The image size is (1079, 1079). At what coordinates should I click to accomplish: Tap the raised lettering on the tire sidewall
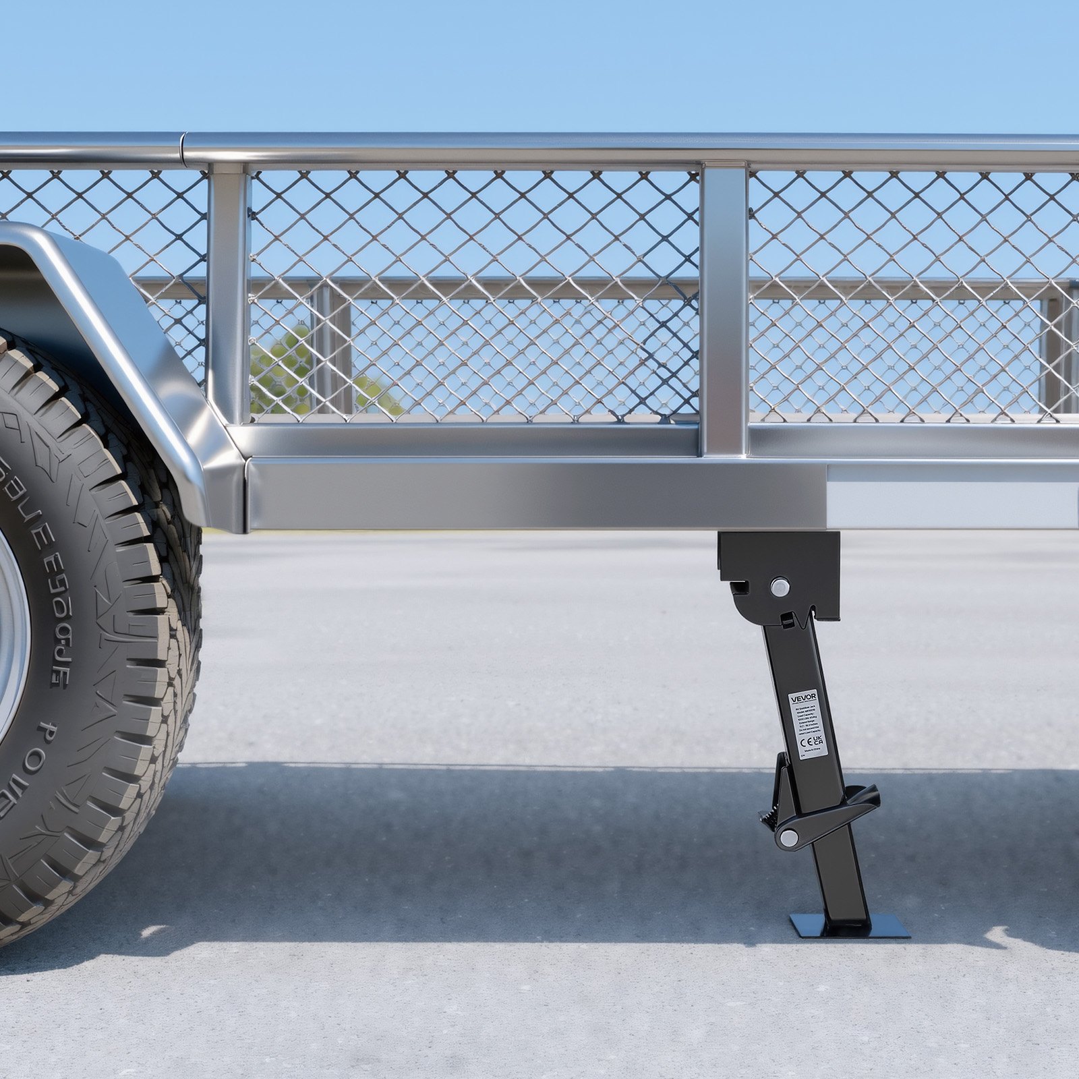(x=64, y=593)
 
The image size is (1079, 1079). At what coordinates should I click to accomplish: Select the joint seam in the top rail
(x=183, y=147)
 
